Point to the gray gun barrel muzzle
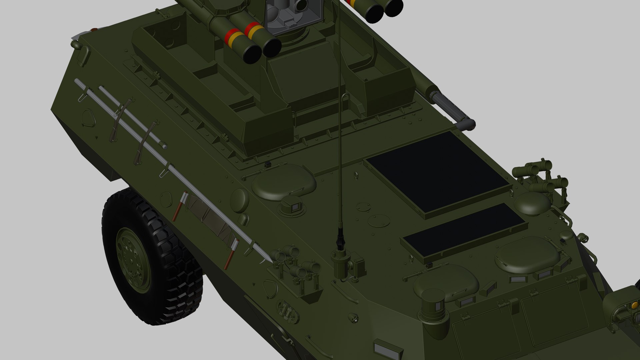(x=467, y=124)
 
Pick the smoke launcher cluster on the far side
(x=540, y=177)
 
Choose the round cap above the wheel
(x=239, y=199)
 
